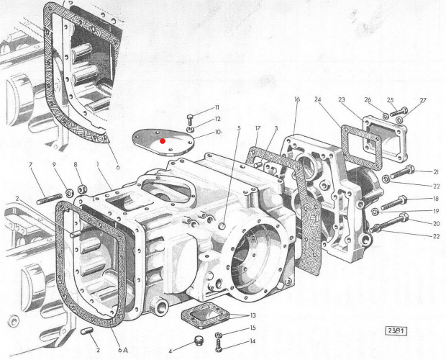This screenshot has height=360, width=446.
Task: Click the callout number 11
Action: [216, 108]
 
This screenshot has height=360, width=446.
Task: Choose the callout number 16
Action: [296, 100]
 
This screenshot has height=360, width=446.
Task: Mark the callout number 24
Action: [318, 99]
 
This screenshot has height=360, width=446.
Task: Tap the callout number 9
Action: [56, 165]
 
